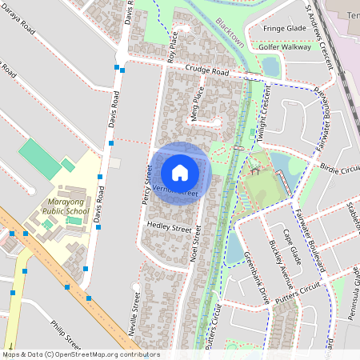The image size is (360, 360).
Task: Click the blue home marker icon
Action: (180, 172)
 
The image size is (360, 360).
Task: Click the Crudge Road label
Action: (206, 71)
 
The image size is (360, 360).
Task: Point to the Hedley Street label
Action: (170, 228)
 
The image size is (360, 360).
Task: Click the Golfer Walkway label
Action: (284, 47)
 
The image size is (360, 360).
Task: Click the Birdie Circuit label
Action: (340, 169)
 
